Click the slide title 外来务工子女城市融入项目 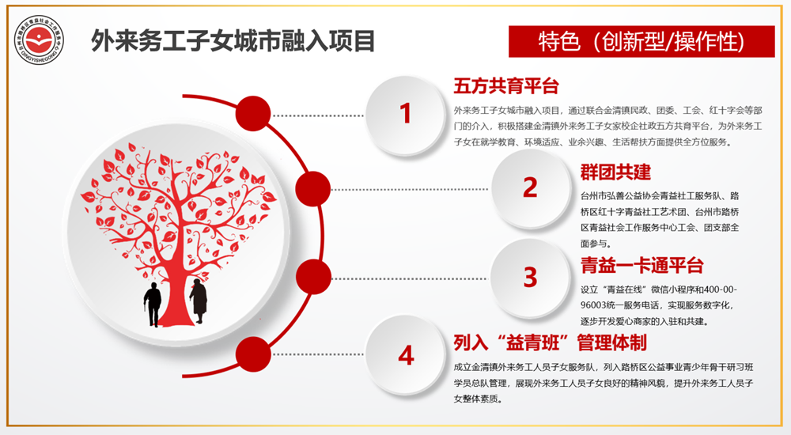tap(233, 40)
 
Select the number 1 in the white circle tap(406, 114)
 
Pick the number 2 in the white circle tap(530, 187)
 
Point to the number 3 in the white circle tap(530, 277)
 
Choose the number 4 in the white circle tap(406, 355)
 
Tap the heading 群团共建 tap(615, 172)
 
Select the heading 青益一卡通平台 tap(642, 265)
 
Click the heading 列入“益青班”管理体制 tap(550, 342)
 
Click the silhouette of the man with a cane tap(151, 304)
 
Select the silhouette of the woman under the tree tap(198, 301)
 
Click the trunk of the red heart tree tap(174, 261)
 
